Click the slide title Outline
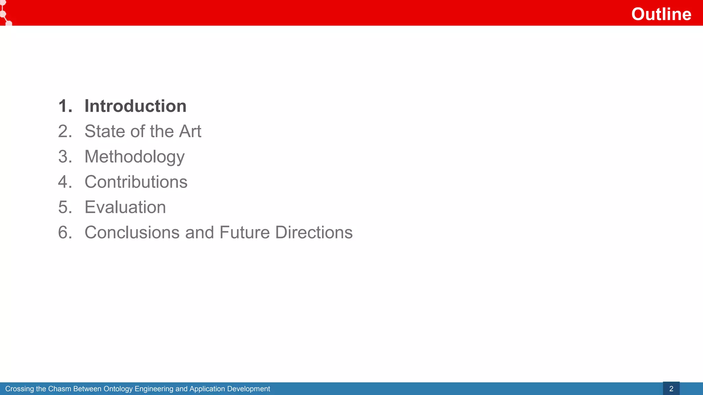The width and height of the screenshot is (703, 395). click(x=661, y=14)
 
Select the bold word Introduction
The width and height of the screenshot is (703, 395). click(x=136, y=106)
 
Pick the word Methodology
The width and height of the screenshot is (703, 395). click(x=135, y=157)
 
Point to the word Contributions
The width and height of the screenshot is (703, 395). click(x=136, y=182)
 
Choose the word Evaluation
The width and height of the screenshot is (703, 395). click(x=125, y=207)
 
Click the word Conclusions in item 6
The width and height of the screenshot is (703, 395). click(x=132, y=232)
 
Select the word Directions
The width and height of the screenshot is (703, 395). click(x=314, y=232)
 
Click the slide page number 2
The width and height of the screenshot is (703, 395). click(x=671, y=389)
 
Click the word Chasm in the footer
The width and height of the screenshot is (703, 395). click(x=60, y=389)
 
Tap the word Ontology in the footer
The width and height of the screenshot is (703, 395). click(x=118, y=389)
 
